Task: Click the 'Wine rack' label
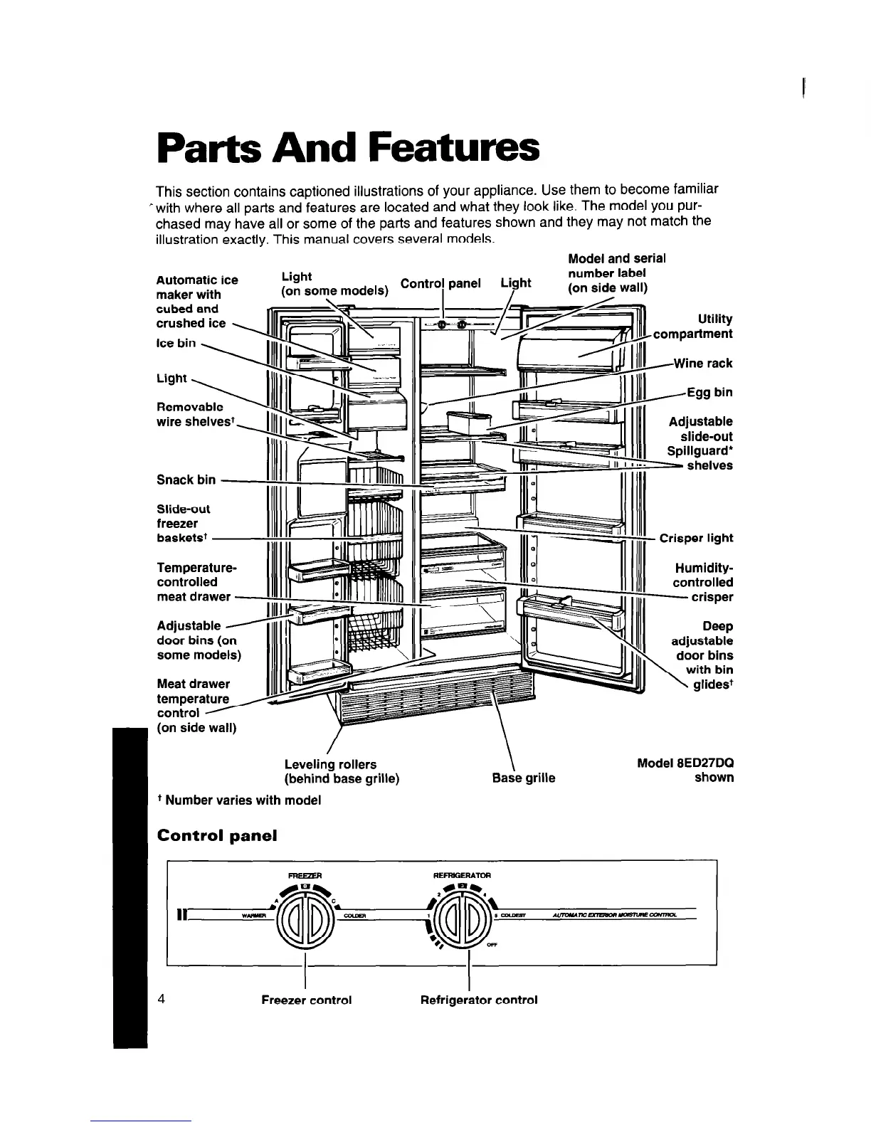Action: (703, 364)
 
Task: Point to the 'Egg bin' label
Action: (709, 393)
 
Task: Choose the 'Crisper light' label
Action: (696, 538)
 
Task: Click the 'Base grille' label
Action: (524, 778)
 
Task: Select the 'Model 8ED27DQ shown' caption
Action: (685, 770)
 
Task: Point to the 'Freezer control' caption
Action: (307, 1000)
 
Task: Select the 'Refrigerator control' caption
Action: (479, 1000)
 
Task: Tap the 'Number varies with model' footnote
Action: (239, 800)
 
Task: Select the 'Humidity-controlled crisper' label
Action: (704, 582)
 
